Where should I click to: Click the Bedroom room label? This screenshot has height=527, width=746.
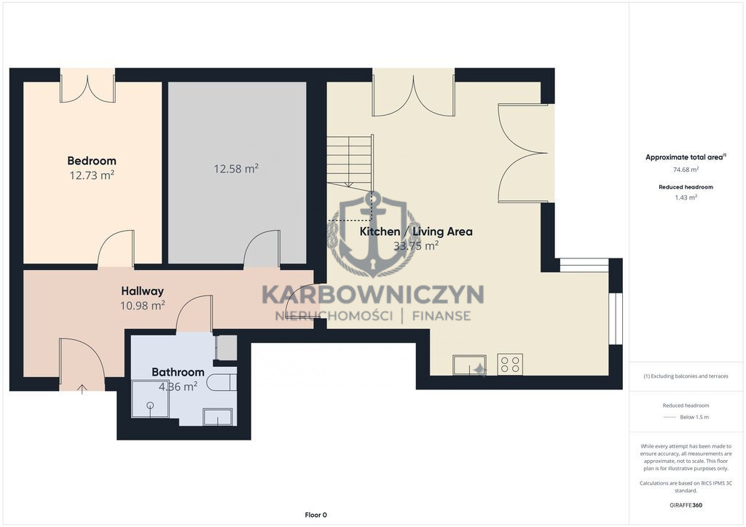click(x=92, y=161)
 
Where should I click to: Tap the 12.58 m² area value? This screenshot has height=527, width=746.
click(x=236, y=169)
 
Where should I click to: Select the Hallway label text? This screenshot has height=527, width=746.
click(x=142, y=291)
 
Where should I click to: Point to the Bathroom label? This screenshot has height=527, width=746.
click(x=178, y=372)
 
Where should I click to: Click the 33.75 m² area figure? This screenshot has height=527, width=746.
click(x=416, y=246)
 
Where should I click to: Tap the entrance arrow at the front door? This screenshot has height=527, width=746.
click(x=82, y=389)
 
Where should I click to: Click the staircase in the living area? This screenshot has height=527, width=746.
click(x=350, y=161)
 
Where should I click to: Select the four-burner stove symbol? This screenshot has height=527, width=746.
click(x=510, y=365)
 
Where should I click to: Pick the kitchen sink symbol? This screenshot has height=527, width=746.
click(x=470, y=365)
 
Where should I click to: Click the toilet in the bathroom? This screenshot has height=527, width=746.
click(x=221, y=382)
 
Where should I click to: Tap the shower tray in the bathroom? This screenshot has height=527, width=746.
click(x=150, y=399)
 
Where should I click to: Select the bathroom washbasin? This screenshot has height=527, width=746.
click(x=218, y=417)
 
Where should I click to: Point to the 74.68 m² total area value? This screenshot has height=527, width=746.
click(x=686, y=170)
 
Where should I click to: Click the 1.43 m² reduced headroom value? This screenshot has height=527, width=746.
click(x=686, y=198)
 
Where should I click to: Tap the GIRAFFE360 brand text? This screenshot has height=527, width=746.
click(x=686, y=505)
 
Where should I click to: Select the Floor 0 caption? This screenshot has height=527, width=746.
click(x=316, y=515)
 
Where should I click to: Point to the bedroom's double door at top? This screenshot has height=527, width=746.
click(x=87, y=86)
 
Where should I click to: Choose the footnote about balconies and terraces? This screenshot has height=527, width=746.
click(x=686, y=376)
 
